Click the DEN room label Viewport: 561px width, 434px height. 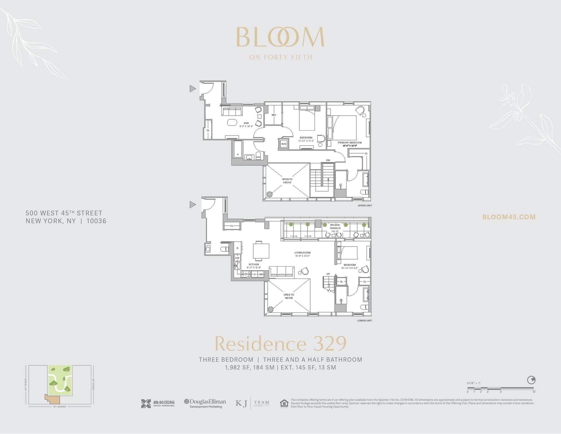[246, 123]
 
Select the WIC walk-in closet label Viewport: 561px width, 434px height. [274, 115]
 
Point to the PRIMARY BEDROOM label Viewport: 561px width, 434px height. [349, 143]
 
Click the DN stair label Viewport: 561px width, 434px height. [328, 160]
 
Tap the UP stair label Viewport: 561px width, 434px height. [328, 274]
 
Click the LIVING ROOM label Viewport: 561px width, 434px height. [302, 253]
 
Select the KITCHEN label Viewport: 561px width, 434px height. [254, 264]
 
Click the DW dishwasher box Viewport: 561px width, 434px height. [237, 258]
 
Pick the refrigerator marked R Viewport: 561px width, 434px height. [237, 248]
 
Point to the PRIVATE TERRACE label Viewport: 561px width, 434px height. [335, 227]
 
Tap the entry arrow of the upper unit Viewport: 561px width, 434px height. [193, 88]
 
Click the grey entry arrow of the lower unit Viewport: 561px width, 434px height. [193, 204]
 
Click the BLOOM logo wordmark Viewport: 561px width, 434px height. [280, 37]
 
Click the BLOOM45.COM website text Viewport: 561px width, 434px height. [509, 217]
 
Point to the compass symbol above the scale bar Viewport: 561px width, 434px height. [531, 380]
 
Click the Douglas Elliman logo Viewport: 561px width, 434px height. [205, 404]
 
